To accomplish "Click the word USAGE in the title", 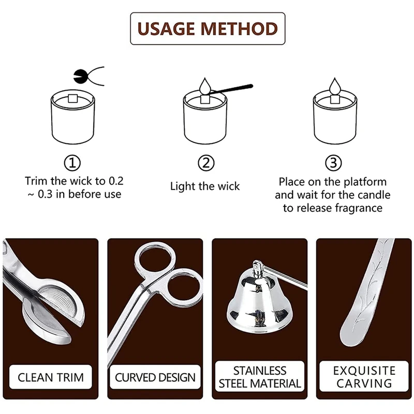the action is pos(167,28).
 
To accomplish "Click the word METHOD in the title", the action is pos(239,28).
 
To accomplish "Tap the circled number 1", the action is pos(72,163).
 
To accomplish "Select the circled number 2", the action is pos(206,163).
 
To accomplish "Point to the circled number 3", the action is pos(333,163).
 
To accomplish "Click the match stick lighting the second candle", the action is pos(230,89).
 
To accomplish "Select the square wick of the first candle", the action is pos(72,98).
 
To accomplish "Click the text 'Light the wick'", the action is pos(205,186).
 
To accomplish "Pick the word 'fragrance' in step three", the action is pos(359,208).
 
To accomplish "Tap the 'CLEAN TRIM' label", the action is pos(50,377).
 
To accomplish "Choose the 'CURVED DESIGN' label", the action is pos(155,377).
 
